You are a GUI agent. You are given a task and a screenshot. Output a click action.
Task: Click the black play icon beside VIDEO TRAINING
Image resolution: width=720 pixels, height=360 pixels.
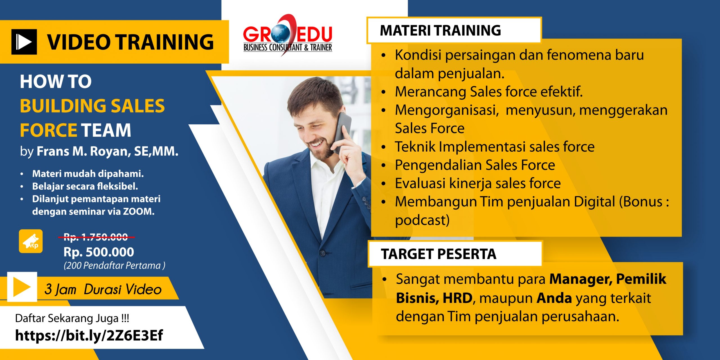point(24,42)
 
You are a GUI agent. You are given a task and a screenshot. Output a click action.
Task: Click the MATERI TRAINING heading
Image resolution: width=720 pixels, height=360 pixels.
point(440,30)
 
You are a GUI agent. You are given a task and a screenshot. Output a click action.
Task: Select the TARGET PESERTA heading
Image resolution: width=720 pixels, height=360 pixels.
point(438,254)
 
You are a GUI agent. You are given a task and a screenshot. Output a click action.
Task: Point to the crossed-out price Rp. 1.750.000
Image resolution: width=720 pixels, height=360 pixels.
point(96,237)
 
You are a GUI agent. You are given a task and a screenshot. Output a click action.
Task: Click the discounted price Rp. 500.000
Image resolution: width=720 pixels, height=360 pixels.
point(99,252)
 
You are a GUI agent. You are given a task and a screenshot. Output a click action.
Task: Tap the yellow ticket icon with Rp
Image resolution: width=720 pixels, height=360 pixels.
point(31,241)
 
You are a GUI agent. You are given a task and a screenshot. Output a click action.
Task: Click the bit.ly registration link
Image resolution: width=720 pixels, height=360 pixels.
point(89,335)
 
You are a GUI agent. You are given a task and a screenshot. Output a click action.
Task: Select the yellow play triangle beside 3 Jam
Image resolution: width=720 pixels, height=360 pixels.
point(21,287)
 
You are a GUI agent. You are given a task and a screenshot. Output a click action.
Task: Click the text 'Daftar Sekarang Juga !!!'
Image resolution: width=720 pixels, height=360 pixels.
point(72,318)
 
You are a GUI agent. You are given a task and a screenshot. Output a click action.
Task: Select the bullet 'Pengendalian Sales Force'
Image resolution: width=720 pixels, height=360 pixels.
point(475,165)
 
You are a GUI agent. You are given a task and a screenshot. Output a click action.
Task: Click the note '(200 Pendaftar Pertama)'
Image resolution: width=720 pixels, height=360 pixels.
point(114,265)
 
